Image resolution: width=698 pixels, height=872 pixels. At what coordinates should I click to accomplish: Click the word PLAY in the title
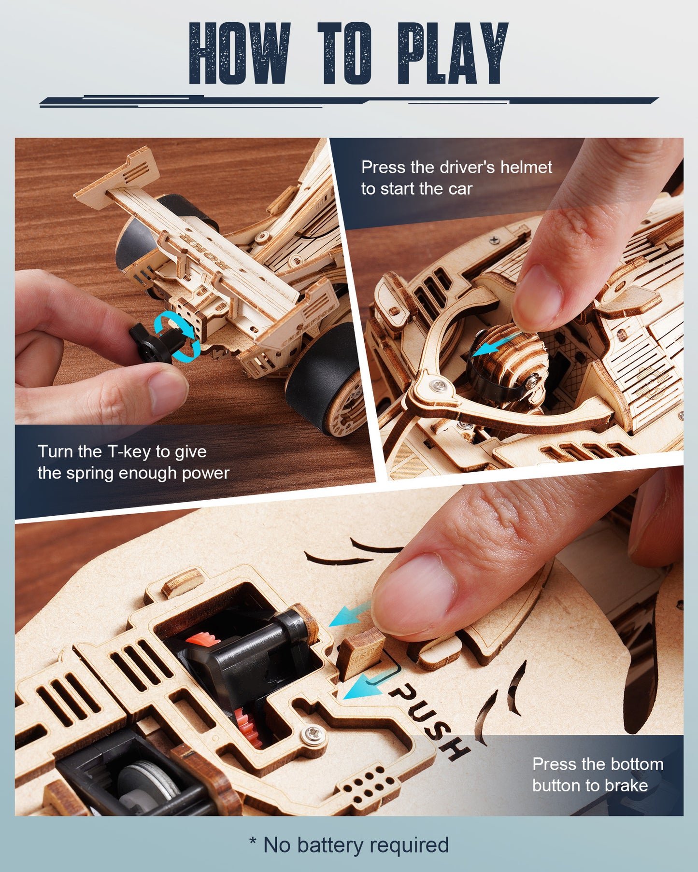pyautogui.click(x=453, y=54)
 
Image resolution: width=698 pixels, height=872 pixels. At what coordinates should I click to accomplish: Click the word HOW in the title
pyautogui.click(x=240, y=54)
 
